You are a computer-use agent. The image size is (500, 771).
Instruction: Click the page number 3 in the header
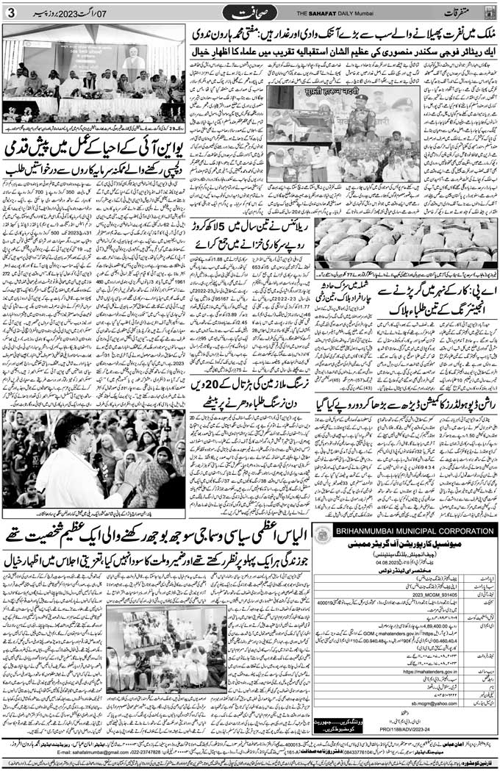click(x=10, y=12)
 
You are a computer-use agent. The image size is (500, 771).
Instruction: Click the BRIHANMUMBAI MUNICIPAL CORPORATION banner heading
click(x=414, y=531)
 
